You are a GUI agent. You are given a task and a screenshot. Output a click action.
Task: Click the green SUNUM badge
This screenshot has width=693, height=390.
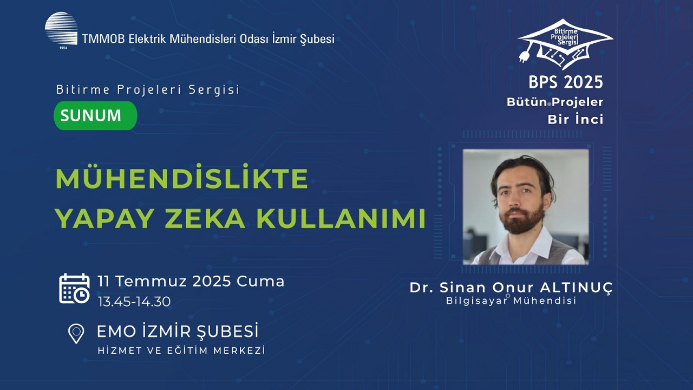tap(95, 115)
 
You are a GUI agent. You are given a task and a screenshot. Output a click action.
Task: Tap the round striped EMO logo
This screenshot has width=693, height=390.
tap(61, 28)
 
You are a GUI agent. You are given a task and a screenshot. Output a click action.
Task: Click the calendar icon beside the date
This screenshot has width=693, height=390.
tap(74, 288)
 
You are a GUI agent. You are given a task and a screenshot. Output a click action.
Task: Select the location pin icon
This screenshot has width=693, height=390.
tap(76, 333)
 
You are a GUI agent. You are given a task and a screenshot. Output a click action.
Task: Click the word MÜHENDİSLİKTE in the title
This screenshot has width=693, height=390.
tap(182, 179)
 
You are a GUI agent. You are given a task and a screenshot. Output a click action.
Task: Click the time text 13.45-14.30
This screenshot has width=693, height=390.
tap(134, 302)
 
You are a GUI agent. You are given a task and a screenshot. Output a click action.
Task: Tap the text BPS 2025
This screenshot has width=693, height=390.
tap(566, 82)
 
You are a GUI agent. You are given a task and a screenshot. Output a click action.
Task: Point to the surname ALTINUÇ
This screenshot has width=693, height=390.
tap(575, 288)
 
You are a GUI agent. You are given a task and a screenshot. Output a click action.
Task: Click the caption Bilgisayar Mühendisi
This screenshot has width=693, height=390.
tap(511, 301)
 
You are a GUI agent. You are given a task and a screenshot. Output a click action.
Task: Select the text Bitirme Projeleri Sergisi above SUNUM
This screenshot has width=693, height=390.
tap(148, 90)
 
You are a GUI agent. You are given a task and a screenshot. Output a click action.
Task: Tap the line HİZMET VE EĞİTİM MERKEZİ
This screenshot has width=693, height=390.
tap(181, 350)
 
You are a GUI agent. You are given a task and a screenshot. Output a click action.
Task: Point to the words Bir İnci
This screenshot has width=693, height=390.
tap(576, 120)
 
